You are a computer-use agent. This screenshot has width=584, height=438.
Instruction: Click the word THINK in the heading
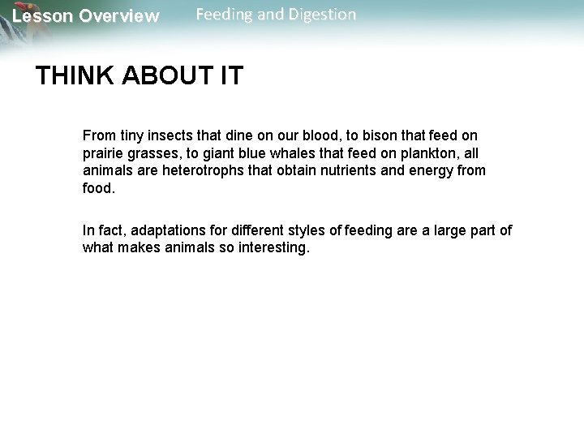[x=75, y=77]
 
